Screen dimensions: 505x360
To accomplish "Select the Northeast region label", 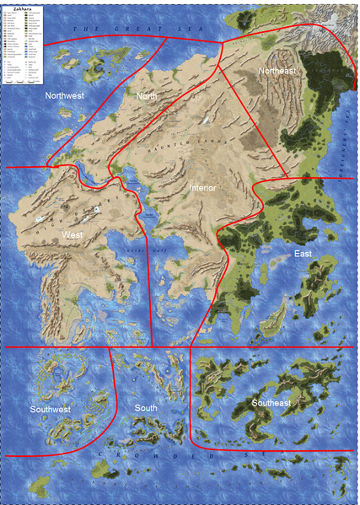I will pyautogui.click(x=278, y=72).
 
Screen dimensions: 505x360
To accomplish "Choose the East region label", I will pyautogui.click(x=304, y=254).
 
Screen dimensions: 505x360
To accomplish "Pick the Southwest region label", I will pyautogui.click(x=51, y=410).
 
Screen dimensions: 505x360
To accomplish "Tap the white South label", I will pyautogui.click(x=146, y=409).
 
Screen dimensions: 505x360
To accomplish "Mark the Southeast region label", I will pyautogui.click(x=270, y=404).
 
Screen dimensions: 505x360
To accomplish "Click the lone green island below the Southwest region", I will pyautogui.click(x=40, y=484).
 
